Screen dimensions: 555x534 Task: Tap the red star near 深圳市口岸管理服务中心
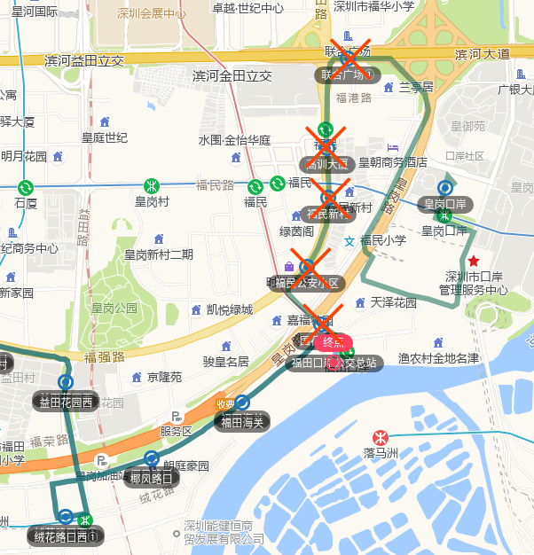click(x=474, y=261)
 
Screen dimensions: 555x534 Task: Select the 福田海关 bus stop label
click(x=241, y=421)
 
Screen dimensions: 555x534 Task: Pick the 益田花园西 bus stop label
click(x=66, y=401)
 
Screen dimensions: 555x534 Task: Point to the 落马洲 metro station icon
click(x=380, y=437)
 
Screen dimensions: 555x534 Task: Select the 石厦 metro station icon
click(x=26, y=188)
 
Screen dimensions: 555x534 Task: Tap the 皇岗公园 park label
click(x=114, y=309)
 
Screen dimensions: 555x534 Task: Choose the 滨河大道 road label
click(x=483, y=54)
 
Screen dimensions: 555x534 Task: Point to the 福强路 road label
click(x=105, y=357)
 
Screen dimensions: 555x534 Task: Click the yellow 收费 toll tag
click(x=226, y=404)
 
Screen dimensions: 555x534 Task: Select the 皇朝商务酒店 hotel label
click(x=393, y=162)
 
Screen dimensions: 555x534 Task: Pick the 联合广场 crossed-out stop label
click(x=348, y=75)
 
